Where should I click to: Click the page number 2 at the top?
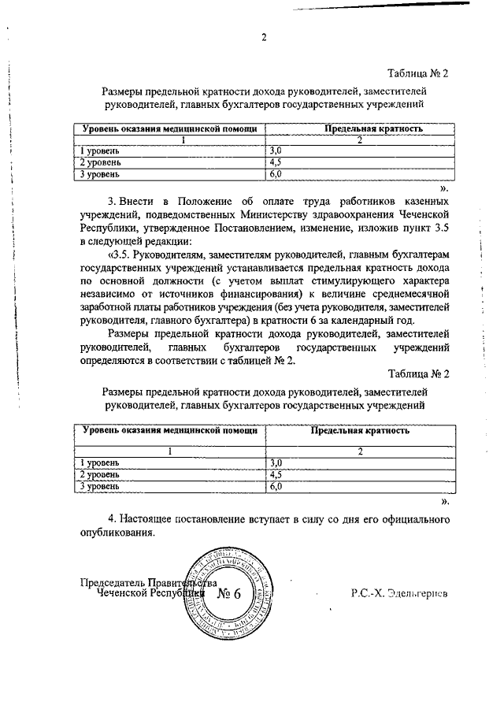(265, 38)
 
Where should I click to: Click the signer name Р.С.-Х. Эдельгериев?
(398, 594)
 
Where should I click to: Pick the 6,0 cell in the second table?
(276, 488)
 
